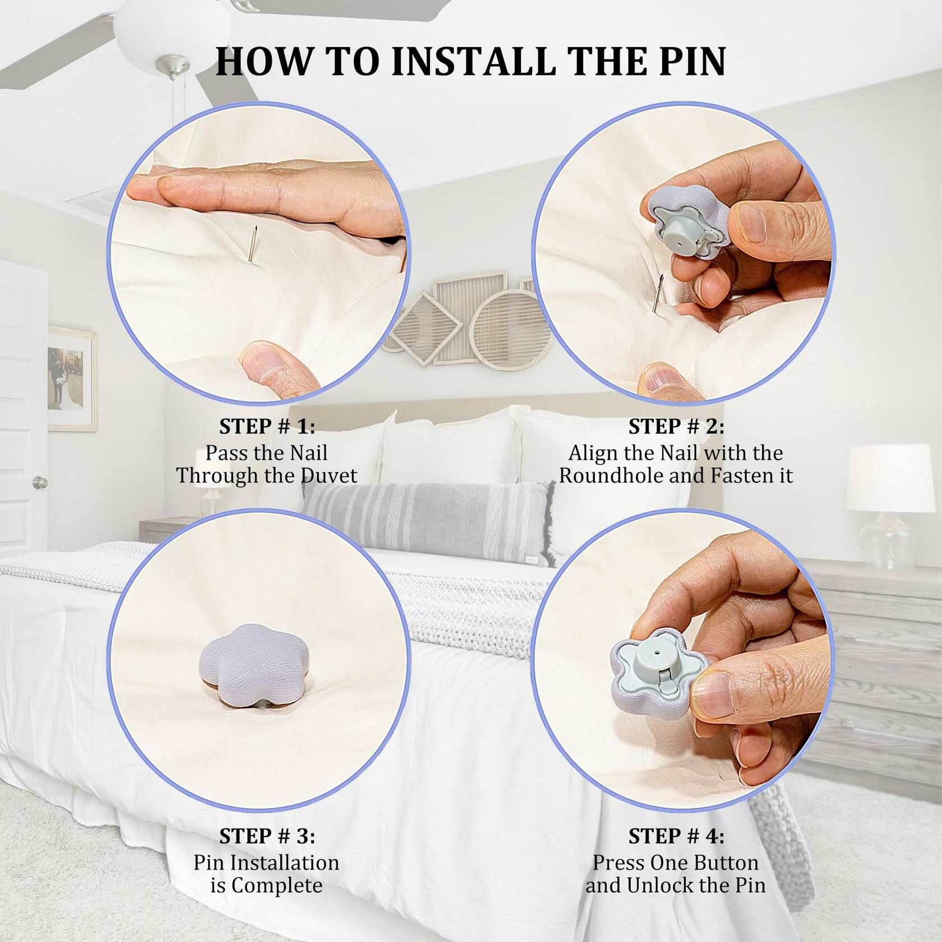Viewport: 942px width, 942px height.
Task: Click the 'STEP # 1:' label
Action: pos(267,427)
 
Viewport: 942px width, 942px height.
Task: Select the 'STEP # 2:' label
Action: pos(676,427)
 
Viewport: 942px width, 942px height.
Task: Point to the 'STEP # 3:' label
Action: pos(267,836)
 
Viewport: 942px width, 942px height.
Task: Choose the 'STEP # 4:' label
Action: pos(676,836)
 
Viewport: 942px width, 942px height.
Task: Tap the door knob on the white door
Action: pos(40,482)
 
